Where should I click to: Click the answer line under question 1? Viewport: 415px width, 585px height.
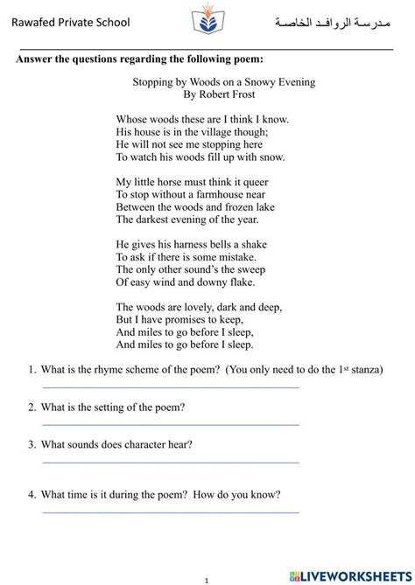tap(171, 387)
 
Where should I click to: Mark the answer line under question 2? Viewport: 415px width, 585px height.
tap(171, 424)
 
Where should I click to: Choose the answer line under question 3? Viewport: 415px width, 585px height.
tap(171, 462)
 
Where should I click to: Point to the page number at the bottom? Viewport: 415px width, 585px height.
tap(207, 579)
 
